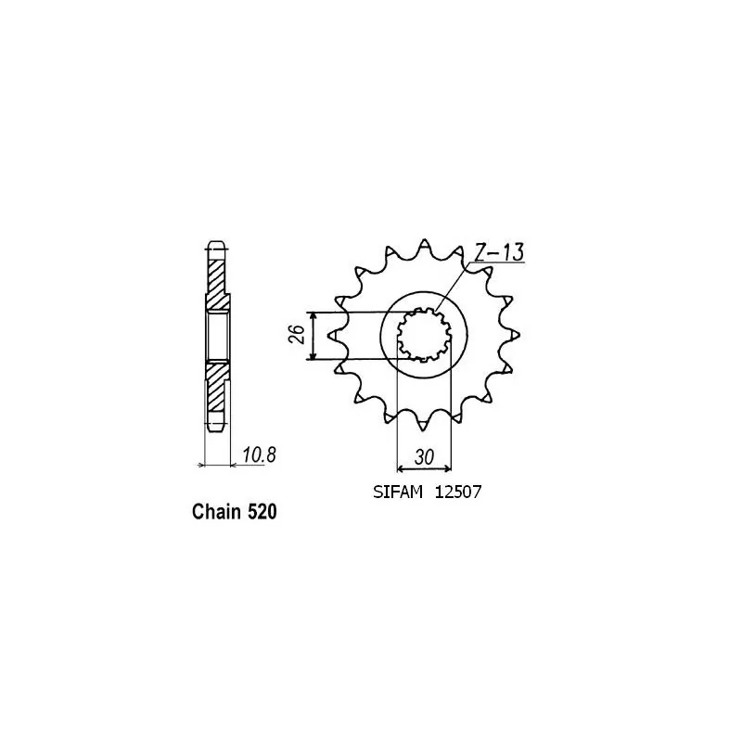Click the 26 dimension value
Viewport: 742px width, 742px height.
(293, 335)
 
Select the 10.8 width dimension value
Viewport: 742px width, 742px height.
(260, 455)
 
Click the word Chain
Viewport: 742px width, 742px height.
(218, 511)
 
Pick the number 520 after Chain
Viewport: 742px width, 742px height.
(262, 511)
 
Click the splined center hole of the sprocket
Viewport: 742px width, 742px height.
(423, 335)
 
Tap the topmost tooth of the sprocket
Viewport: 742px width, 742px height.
(423, 242)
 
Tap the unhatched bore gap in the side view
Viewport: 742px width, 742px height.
(215, 335)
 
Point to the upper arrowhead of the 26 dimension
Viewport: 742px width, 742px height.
(316, 316)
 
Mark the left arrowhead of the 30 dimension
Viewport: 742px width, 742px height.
(401, 467)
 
